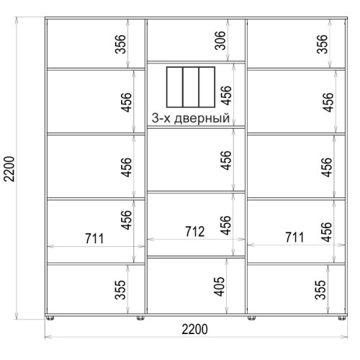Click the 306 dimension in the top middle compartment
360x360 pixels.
[x=220, y=40]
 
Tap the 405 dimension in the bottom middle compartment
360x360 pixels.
[x=219, y=287]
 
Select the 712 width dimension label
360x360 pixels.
[x=195, y=232]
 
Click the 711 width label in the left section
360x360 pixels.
[x=94, y=238]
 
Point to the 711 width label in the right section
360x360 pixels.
[x=294, y=238]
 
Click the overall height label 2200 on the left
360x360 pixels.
[x=10, y=168]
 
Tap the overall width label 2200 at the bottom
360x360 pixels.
[x=194, y=329]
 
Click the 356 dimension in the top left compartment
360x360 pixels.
[x=120, y=44]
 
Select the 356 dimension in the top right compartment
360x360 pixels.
[x=322, y=44]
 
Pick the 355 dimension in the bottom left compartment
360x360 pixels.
[x=120, y=289]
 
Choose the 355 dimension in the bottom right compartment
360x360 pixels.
[x=320, y=289]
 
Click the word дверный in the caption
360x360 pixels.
[x=202, y=119]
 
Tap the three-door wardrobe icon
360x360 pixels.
[x=191, y=87]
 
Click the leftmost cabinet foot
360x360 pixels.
[x=50, y=318]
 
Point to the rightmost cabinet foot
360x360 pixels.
[x=341, y=318]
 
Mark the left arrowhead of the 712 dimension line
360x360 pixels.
[x=150, y=239]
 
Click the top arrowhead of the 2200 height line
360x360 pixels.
[x=17, y=19]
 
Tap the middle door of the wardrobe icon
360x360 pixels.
[x=191, y=87]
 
